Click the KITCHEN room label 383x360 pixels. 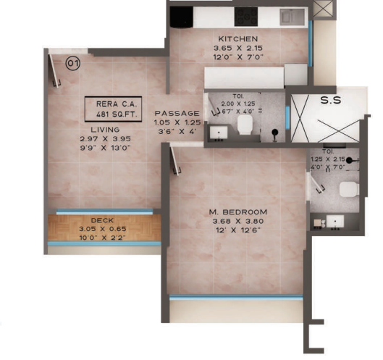[237, 38]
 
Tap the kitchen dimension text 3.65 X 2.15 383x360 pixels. [237, 49]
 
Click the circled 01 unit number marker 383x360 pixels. [73, 64]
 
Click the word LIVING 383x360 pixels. [95, 130]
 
